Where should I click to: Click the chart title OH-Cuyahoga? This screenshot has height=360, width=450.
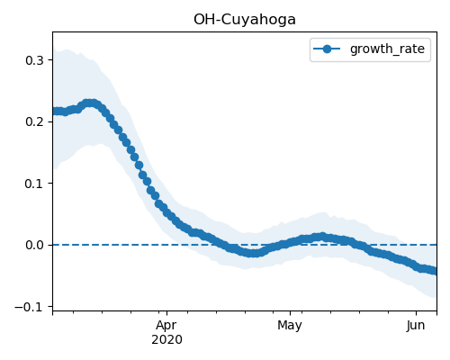click(245, 20)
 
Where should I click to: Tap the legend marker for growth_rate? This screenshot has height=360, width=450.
click(327, 49)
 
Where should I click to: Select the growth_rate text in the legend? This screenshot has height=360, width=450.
click(387, 49)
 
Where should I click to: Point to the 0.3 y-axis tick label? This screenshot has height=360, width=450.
click(35, 60)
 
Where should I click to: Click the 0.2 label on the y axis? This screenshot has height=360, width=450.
click(35, 121)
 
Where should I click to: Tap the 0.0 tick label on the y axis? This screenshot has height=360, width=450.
click(35, 245)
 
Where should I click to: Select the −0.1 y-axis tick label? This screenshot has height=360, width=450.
click(29, 307)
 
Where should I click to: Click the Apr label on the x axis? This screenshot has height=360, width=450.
click(166, 325)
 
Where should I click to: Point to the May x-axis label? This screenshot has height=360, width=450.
click(290, 325)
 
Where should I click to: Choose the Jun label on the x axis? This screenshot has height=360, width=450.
click(416, 325)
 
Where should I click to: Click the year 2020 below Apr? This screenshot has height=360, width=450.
click(166, 339)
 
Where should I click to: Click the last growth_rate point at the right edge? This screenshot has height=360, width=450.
click(435, 271)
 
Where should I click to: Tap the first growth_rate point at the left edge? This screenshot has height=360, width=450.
click(55, 112)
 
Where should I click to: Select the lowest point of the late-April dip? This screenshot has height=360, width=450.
click(253, 253)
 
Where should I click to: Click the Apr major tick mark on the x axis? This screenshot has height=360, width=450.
click(166, 313)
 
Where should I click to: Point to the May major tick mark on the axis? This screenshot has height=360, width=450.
click(290, 313)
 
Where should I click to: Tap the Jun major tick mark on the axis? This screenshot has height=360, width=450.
click(416, 313)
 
